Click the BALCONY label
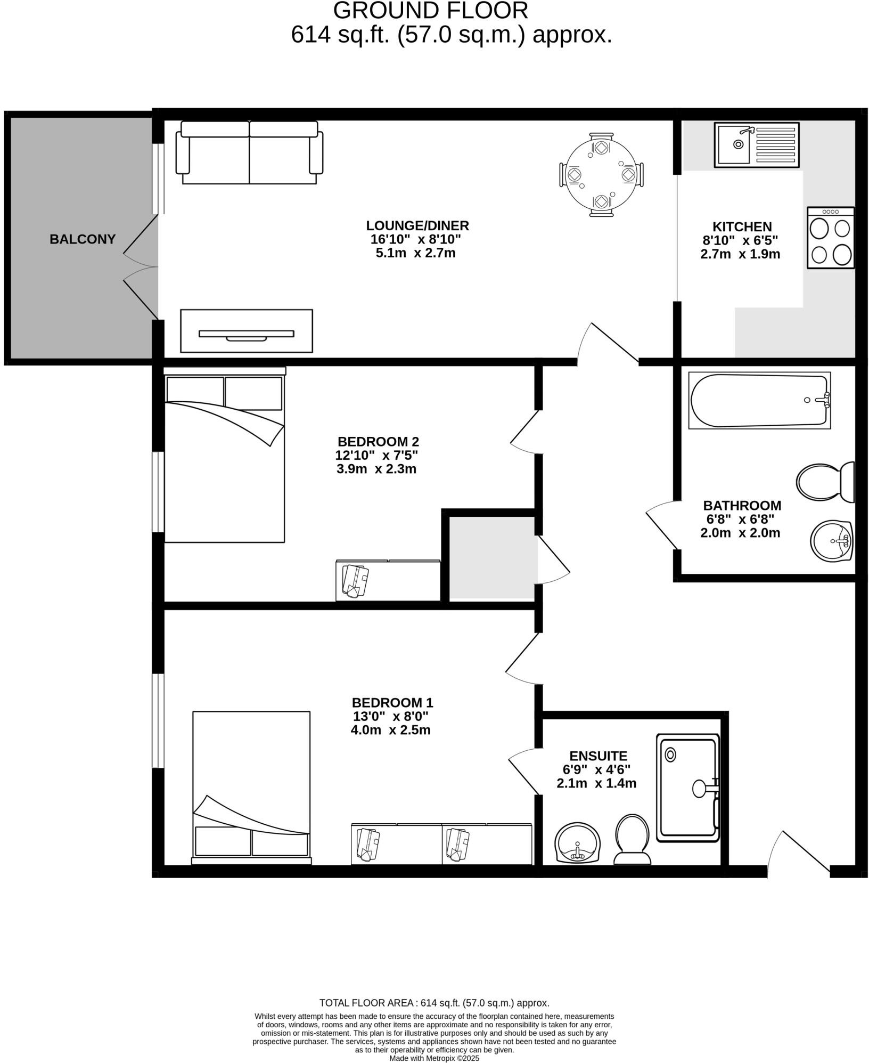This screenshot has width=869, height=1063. [83, 239]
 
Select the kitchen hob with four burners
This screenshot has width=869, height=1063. [830, 238]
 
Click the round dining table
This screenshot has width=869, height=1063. [601, 174]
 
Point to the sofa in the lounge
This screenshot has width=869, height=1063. [249, 152]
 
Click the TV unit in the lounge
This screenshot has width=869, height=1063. [246, 331]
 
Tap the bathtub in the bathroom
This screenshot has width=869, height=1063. [759, 400]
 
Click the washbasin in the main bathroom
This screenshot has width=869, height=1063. [832, 541]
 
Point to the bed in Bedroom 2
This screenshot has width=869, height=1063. [224, 458]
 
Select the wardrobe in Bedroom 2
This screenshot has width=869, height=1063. [388, 580]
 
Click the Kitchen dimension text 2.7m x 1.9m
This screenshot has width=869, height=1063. [740, 254]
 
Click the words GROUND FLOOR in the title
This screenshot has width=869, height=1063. [430, 11]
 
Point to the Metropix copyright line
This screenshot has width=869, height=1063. [434, 1058]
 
